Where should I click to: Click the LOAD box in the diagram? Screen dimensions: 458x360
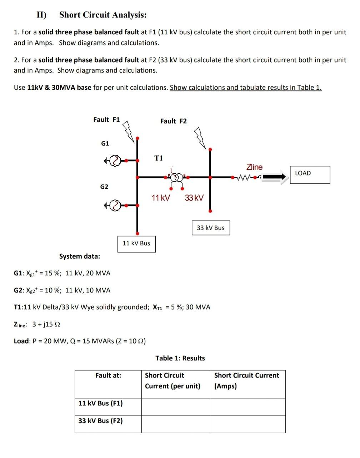click(x=310, y=174)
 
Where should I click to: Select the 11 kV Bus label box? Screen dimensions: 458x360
click(x=136, y=243)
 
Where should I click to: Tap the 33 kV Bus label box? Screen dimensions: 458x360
click(x=211, y=228)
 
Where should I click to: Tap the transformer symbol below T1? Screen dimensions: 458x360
click(x=176, y=177)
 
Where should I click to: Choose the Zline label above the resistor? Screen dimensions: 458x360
click(x=254, y=167)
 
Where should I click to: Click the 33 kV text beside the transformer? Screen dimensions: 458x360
click(x=194, y=198)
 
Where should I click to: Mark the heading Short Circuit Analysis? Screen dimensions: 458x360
click(x=103, y=15)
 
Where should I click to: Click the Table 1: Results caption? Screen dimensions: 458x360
click(x=180, y=358)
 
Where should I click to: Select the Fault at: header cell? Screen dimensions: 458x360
click(x=108, y=375)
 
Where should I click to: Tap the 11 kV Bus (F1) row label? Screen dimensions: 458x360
click(x=100, y=403)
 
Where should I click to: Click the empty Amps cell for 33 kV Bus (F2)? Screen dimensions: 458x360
click(x=248, y=424)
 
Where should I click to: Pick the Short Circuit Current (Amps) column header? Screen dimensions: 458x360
click(x=246, y=380)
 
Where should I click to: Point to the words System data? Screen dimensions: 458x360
click(x=80, y=256)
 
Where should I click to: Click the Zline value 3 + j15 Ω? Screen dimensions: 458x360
click(x=46, y=324)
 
